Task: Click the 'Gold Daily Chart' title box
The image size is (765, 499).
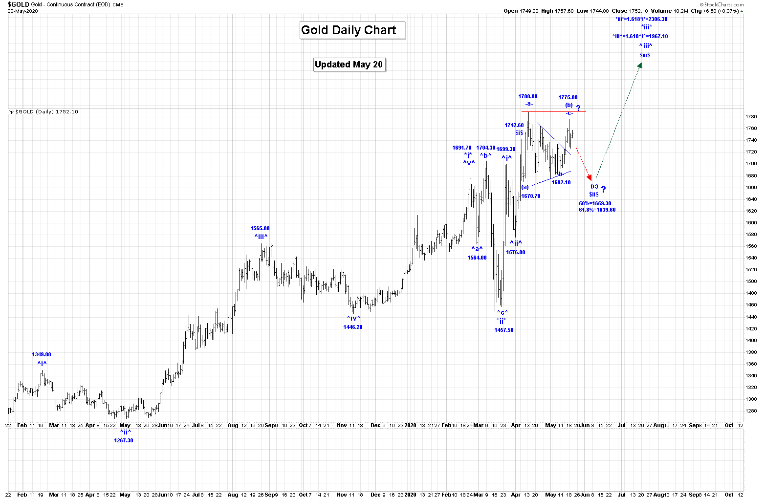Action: (x=349, y=30)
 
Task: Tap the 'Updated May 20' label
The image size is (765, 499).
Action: (x=349, y=65)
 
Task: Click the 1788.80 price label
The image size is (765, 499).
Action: (x=528, y=97)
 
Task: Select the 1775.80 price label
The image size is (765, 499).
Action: (x=568, y=98)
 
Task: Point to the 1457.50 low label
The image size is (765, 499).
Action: (x=504, y=330)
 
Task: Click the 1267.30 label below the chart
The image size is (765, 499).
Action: (x=124, y=440)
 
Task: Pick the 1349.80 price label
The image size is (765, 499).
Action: (x=42, y=355)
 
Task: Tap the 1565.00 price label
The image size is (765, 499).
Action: (x=260, y=228)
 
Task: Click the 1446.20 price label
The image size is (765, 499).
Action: (x=353, y=327)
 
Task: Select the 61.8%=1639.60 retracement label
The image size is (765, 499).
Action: (x=597, y=210)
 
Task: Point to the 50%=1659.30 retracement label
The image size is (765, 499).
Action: (x=595, y=203)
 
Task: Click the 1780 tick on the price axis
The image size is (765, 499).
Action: (x=751, y=117)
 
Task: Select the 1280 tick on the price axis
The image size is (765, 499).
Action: (x=751, y=411)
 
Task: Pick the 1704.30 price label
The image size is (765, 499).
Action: (x=486, y=148)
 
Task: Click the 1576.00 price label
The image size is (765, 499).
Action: (x=516, y=253)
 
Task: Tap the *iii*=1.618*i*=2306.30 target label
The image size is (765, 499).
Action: (x=641, y=20)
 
